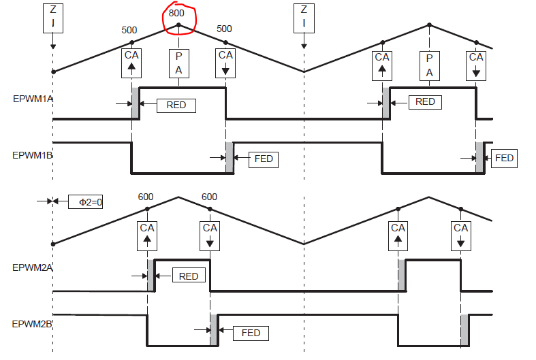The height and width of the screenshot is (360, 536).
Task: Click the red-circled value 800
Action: (176, 13)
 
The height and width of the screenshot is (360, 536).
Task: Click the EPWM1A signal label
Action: (33, 99)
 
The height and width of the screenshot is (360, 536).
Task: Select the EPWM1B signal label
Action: (33, 155)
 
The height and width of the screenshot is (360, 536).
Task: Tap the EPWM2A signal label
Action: (33, 267)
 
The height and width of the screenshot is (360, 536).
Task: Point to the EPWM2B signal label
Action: (32, 324)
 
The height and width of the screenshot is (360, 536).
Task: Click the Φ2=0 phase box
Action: (85, 202)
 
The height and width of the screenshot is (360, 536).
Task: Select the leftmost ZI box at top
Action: (53, 18)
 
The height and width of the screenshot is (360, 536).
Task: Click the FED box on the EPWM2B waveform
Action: (251, 333)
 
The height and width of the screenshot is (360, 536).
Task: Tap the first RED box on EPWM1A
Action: (176, 105)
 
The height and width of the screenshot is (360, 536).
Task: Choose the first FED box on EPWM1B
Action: (264, 159)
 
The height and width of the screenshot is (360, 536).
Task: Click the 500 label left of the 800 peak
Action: (129, 30)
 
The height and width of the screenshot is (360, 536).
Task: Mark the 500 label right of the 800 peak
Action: (224, 29)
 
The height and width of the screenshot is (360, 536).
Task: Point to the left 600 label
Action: (146, 197)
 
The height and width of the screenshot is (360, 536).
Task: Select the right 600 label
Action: (209, 197)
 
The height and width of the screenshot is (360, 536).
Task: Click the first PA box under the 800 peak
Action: (179, 63)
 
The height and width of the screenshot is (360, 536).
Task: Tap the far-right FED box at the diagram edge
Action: (504, 158)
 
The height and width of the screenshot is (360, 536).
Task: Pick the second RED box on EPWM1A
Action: (425, 102)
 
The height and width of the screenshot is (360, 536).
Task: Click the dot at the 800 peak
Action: (178, 24)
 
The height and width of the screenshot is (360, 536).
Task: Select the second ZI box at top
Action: (304, 18)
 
